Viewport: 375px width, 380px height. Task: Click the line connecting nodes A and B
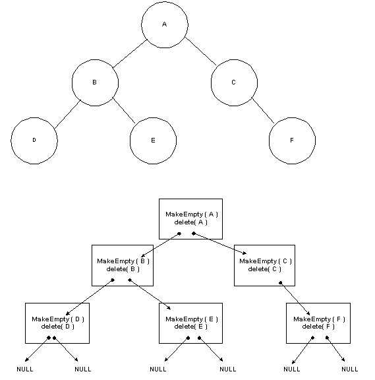130,53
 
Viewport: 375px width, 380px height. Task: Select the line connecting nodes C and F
263,111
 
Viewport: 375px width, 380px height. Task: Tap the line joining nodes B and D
67,115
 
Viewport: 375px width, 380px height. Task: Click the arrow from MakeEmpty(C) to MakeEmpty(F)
295,299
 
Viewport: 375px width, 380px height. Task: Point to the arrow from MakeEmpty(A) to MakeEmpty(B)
161,245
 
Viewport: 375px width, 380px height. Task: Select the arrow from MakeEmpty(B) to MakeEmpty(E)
150,294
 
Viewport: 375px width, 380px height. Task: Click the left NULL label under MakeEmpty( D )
25,369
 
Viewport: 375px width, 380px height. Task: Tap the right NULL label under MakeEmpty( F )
350,369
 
